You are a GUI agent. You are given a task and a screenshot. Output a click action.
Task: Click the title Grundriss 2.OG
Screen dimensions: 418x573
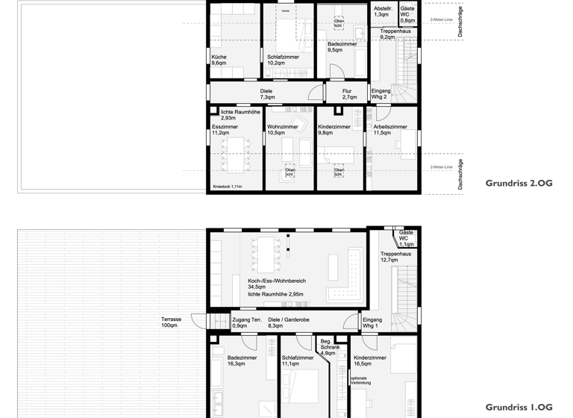519,182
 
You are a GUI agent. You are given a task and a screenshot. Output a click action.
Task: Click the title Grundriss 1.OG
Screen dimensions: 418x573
519,408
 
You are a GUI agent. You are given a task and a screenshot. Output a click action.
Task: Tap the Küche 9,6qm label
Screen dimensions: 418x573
219,60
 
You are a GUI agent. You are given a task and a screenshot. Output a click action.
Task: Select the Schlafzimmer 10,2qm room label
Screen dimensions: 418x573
283,60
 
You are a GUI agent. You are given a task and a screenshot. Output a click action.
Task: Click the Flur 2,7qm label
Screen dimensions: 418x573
348,94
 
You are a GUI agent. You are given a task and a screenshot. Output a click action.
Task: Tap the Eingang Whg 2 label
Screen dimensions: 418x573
381,94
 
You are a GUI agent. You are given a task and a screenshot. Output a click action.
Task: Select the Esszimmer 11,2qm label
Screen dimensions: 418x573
225,130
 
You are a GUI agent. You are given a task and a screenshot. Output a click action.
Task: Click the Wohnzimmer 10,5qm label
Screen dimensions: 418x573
283,130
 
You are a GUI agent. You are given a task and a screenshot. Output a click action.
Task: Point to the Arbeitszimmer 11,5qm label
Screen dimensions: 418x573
390,130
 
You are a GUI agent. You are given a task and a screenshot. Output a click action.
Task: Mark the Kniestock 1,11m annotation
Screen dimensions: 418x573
227,187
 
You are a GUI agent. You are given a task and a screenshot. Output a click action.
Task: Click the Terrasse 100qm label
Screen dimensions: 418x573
171,322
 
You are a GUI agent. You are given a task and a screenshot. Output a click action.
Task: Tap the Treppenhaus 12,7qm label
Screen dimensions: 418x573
395,257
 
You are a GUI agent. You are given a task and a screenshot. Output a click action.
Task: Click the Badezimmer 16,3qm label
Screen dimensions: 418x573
242,361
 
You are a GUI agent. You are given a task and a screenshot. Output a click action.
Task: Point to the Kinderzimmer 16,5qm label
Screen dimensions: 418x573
370,361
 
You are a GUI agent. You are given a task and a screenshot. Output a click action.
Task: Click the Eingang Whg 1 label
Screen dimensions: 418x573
371,322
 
